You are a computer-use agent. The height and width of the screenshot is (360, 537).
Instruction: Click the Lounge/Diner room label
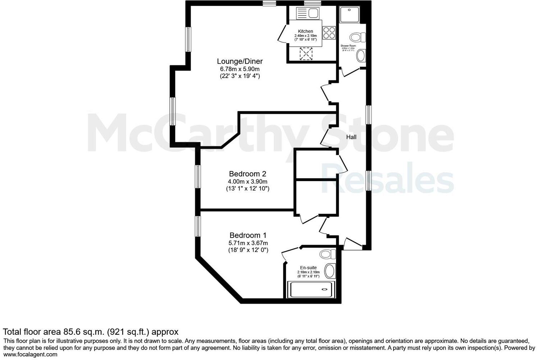click(x=240, y=61)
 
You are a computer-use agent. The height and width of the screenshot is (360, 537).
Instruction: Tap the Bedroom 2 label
click(x=247, y=174)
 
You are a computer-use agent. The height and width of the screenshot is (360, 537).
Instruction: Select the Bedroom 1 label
click(x=247, y=235)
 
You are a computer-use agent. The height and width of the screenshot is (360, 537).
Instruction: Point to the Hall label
click(x=351, y=137)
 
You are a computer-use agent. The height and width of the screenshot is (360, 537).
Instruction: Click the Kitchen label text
click(x=305, y=31)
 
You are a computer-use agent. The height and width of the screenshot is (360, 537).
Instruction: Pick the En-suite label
click(x=308, y=268)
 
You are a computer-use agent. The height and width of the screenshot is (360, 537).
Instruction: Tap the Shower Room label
click(x=348, y=46)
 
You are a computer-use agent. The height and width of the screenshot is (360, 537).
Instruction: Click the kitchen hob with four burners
click(x=329, y=33)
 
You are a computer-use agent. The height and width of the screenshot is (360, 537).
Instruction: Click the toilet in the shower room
click(x=356, y=37)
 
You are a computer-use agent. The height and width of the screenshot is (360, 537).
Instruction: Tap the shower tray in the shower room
click(x=349, y=14)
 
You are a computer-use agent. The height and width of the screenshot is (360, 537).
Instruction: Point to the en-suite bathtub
click(x=311, y=289)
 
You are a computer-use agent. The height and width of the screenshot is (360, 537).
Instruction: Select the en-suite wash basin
click(x=329, y=271)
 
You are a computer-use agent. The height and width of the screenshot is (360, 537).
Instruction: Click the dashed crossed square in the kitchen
click(x=306, y=54)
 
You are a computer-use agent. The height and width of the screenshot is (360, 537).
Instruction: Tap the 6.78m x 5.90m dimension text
click(x=240, y=69)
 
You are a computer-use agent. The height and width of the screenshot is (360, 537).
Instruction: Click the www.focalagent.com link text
click(x=30, y=354)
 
